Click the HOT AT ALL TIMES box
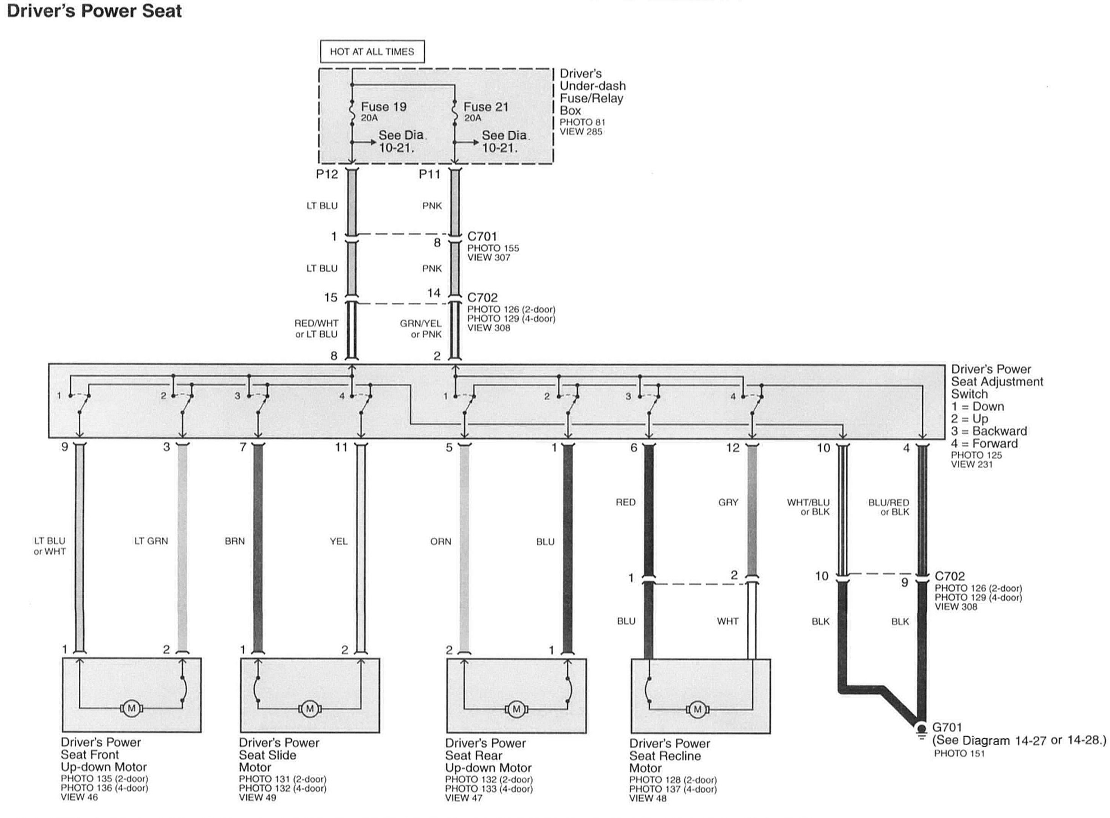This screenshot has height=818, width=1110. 372,52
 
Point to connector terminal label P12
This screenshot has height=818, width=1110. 327,174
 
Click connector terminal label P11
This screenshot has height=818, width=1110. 429,174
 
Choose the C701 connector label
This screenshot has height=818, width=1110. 482,236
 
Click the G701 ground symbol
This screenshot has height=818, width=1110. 921,731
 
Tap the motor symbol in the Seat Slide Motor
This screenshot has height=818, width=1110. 310,709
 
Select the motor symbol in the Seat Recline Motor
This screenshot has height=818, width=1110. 697,709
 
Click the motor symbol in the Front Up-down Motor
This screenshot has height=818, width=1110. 131,709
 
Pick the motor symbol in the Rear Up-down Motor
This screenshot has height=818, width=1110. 516,709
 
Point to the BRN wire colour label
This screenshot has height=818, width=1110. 235,541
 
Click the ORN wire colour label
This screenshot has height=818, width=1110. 441,542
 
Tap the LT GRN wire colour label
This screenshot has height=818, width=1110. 151,541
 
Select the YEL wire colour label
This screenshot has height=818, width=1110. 339,541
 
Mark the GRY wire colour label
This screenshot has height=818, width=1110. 728,502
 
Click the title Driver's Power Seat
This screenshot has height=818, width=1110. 94,11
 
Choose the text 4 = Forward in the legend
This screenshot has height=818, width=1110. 984,443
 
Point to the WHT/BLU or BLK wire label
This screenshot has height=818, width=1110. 808,507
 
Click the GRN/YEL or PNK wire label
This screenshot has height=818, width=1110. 421,329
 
